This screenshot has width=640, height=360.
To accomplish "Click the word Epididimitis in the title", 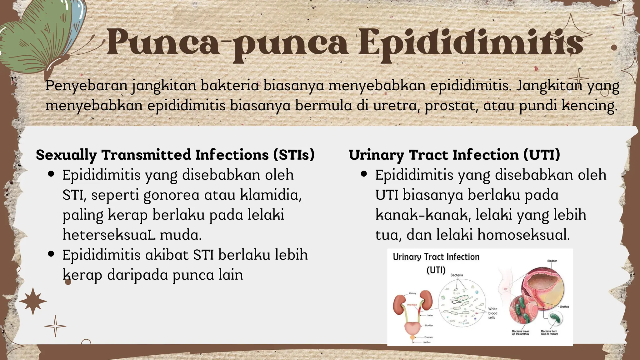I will (x=470, y=44).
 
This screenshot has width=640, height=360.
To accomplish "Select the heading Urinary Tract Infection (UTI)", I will (x=454, y=155).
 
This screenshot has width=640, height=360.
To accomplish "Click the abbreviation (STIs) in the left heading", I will (x=293, y=155).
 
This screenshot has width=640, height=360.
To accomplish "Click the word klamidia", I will (x=271, y=195).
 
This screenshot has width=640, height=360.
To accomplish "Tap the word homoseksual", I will (x=523, y=235).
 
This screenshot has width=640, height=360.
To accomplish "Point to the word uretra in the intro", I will (x=396, y=105).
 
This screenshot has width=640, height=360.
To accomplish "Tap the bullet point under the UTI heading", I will (x=364, y=174).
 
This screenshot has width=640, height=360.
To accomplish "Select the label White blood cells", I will (x=492, y=313).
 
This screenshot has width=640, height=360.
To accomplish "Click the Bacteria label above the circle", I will (x=457, y=275).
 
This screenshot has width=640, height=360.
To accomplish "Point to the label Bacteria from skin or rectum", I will (x=549, y=332).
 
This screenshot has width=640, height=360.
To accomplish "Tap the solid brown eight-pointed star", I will (x=33, y=301).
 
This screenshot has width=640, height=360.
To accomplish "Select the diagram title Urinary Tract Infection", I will (x=436, y=257).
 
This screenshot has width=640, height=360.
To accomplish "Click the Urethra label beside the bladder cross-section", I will (x=564, y=307).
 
